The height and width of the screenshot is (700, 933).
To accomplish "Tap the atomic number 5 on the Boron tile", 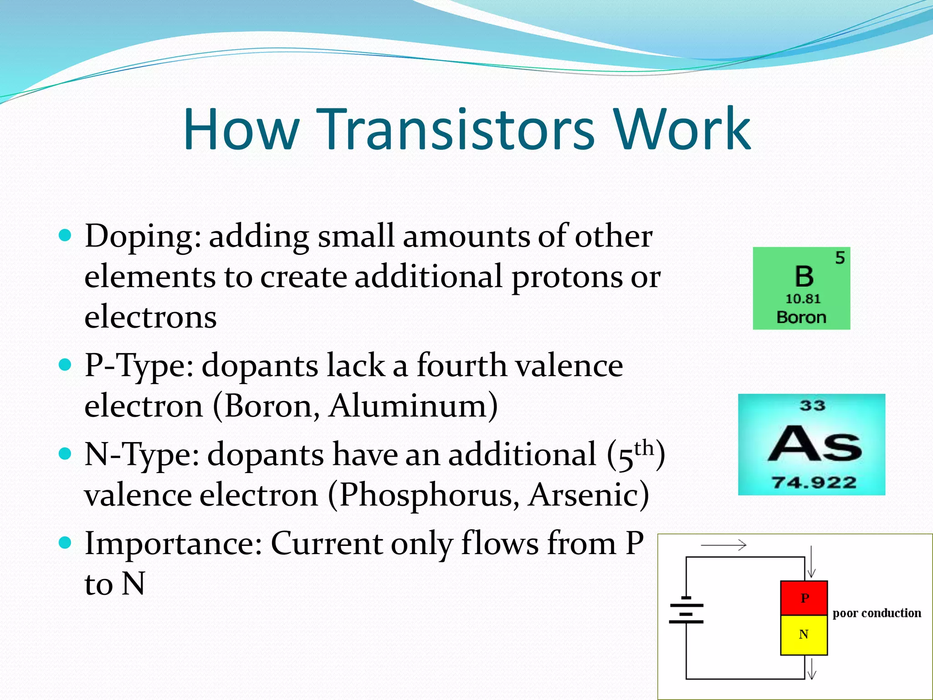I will pos(840,258).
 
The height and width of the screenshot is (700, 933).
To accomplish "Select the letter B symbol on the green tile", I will pos(804,277).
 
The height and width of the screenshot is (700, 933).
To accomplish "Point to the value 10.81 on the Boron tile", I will pos(803,299).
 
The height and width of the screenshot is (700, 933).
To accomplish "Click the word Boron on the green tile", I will pos(801,317).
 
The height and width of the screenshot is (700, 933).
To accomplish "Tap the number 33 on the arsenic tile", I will pos(812,406).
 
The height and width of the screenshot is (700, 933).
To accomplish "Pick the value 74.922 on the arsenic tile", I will pos(814,482).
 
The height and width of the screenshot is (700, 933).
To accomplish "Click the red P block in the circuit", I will pos(804,598).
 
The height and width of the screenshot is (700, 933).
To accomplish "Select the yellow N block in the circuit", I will pos(804,634).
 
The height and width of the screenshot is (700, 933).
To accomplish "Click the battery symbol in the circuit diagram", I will pos(686,611).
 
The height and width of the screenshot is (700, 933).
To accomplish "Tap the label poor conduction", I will pos(877,613).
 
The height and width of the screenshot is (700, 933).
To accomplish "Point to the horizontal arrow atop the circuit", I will pos(723,545).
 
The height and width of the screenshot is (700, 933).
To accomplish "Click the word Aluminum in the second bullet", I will pos(413,406).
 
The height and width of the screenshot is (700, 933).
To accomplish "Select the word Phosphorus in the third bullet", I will pos(429,495).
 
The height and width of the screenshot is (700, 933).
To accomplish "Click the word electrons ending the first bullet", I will pos(150,317).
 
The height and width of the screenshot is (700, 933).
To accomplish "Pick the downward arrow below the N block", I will pos(811,668).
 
